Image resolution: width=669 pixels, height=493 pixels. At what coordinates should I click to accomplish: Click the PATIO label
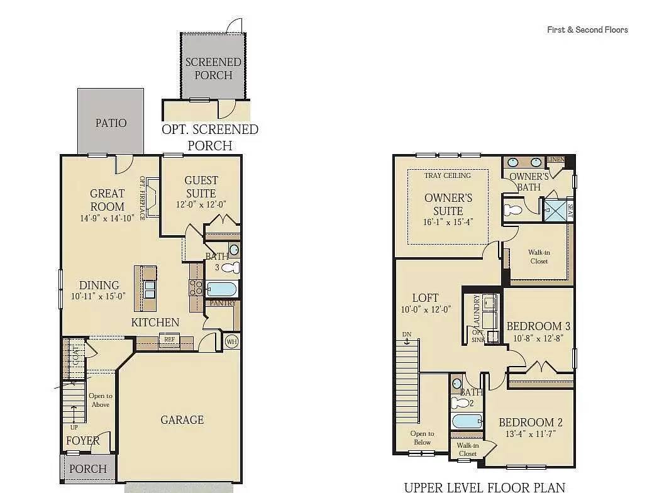pyautogui.click(x=111, y=123)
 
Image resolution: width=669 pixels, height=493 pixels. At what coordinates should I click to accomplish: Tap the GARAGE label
pyautogui.click(x=182, y=419)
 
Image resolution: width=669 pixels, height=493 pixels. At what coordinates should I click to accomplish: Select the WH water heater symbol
pyautogui.click(x=232, y=341)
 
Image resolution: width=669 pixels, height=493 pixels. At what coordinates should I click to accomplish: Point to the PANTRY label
pyautogui.click(x=223, y=303)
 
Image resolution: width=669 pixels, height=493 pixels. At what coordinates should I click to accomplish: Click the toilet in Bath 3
pyautogui.click(x=231, y=269)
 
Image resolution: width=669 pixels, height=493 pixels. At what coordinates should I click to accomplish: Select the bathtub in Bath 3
pyautogui.click(x=221, y=290)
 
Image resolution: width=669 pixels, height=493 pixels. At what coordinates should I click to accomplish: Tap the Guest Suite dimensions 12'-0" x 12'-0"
pyautogui.click(x=201, y=205)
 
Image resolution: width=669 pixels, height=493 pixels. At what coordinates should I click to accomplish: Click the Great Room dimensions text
pyautogui.click(x=107, y=218)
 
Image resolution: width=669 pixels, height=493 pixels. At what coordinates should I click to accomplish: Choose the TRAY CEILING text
pyautogui.click(x=447, y=175)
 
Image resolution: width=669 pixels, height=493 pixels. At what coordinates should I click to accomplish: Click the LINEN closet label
pyautogui.click(x=556, y=160)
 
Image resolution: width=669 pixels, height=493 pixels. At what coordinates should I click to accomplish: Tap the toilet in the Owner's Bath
pyautogui.click(x=514, y=209)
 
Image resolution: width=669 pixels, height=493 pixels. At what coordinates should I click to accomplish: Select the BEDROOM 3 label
pyautogui.click(x=538, y=326)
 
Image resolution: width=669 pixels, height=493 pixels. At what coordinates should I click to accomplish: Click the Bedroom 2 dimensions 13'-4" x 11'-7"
pyautogui.click(x=527, y=434)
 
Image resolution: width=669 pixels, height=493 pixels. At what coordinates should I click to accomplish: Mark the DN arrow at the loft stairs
pyautogui.click(x=407, y=338)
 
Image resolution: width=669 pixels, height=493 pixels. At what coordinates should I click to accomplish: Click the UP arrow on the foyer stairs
pyautogui.click(x=74, y=416)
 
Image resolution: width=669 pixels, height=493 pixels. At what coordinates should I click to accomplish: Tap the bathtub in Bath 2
pyautogui.click(x=466, y=421)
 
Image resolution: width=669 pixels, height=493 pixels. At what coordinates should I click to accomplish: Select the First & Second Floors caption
pyautogui.click(x=587, y=30)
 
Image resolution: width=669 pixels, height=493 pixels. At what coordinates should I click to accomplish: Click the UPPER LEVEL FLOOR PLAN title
pyautogui.click(x=484, y=487)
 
